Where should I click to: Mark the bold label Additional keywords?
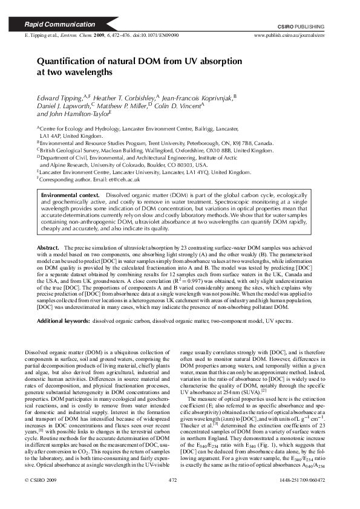click(64, 321)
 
